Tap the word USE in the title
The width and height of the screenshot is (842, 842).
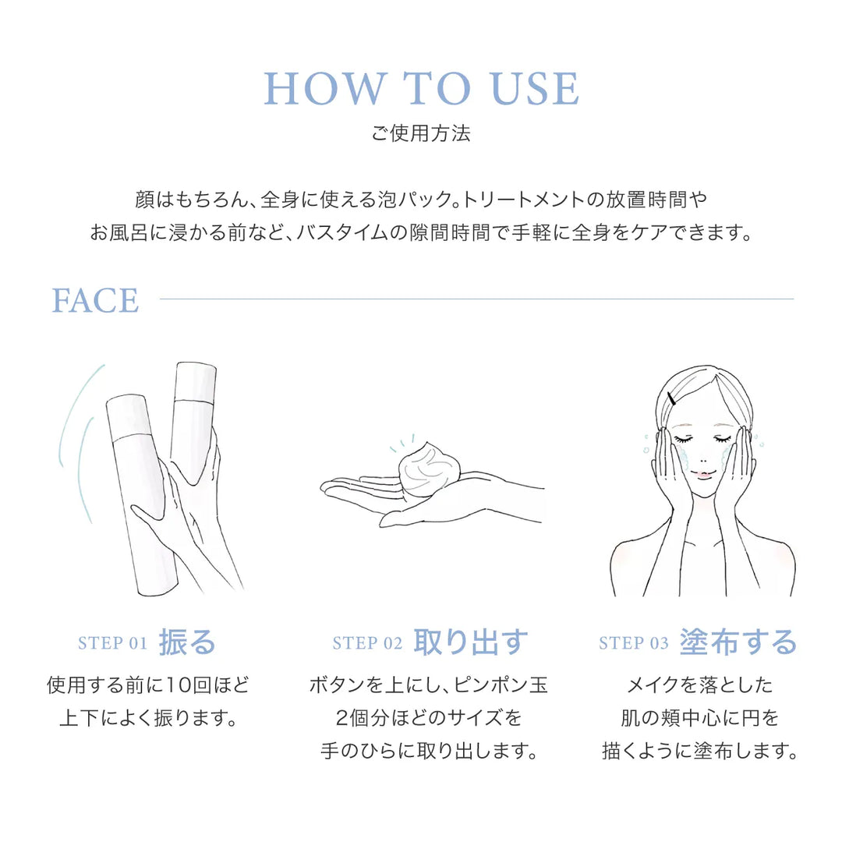coord(535,89)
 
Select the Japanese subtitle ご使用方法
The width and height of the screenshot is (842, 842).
coord(420,133)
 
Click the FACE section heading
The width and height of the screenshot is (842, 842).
coord(95,300)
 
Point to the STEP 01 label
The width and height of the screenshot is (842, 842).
coord(113,642)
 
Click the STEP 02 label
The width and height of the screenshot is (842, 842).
coord(367,642)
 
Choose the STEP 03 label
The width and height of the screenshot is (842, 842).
coord(634,642)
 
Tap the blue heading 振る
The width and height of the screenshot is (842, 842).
coord(187,642)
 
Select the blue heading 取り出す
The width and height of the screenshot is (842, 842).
coord(471,642)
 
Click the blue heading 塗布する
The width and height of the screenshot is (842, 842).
coord(738,642)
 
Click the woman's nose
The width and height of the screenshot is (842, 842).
coord(702,459)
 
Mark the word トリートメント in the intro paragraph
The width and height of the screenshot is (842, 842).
coord(524,200)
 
